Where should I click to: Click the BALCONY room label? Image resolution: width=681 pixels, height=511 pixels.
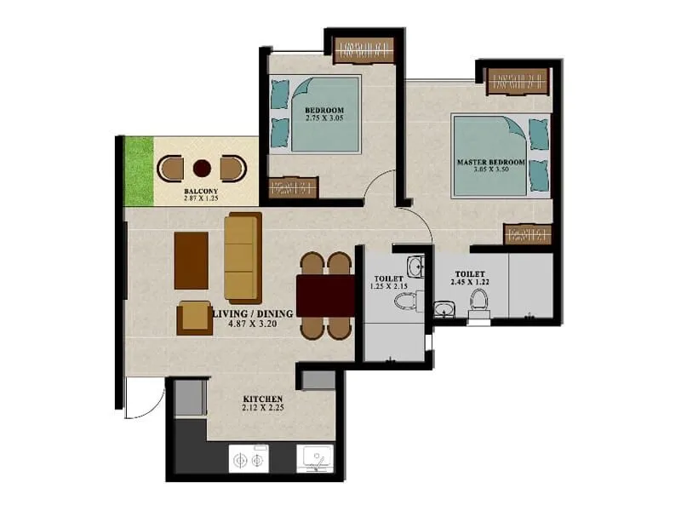tap(202, 191)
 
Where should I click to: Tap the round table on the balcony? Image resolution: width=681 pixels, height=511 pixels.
tap(202, 168)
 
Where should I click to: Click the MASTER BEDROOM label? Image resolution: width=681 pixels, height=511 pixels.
tap(489, 162)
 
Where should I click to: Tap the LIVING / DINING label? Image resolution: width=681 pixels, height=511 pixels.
tap(253, 313)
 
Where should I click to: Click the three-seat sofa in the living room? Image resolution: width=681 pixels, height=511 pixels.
tap(243, 257)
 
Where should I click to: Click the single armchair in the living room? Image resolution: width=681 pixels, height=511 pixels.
tap(194, 318)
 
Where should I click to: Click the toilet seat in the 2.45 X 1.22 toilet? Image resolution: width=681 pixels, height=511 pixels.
tap(480, 302)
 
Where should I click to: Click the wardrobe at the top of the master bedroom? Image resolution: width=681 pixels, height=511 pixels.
tap(517, 82)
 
